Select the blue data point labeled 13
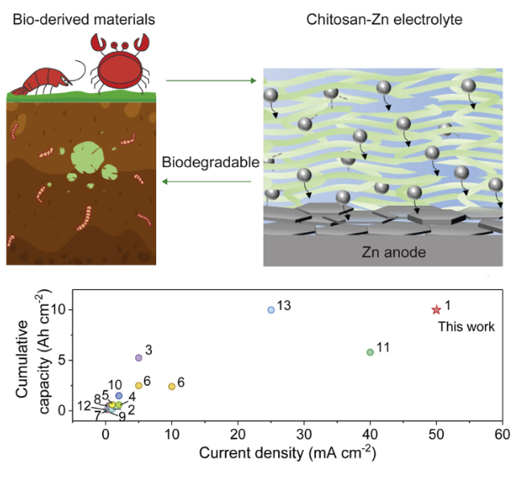(x=271, y=309)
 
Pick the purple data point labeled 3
(x=138, y=357)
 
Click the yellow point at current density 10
(x=171, y=386)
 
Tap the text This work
(x=466, y=327)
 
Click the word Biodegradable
(x=211, y=162)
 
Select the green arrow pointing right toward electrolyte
(x=210, y=80)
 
